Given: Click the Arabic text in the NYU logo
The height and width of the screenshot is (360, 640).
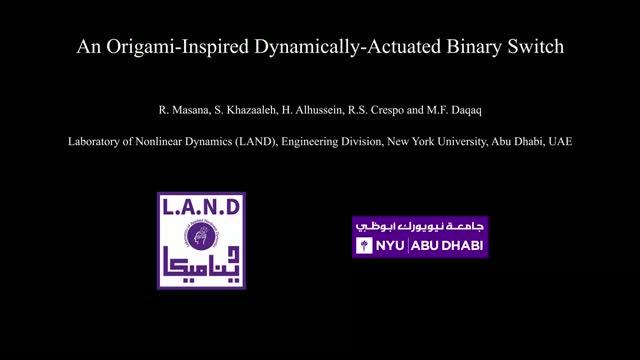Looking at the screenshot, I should click(420, 225).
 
